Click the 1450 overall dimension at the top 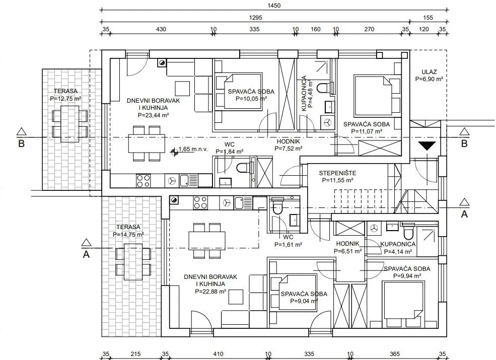click(274, 6)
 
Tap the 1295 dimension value click(256, 18)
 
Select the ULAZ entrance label click(429, 72)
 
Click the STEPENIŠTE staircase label click(337, 173)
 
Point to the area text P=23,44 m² click(153, 115)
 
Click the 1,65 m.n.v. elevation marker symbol click(174, 153)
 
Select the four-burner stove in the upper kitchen click(144, 181)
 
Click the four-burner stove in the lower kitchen click(200, 203)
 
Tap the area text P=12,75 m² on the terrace click(65, 99)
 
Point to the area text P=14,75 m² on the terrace click(128, 235)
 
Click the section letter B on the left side click(21, 144)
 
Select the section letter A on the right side click(464, 214)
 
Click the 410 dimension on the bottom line click(218, 354)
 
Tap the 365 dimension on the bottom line click(395, 354)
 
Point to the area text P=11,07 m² click(367, 131)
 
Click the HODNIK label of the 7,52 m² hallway click(288, 141)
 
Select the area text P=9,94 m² click(407, 276)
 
